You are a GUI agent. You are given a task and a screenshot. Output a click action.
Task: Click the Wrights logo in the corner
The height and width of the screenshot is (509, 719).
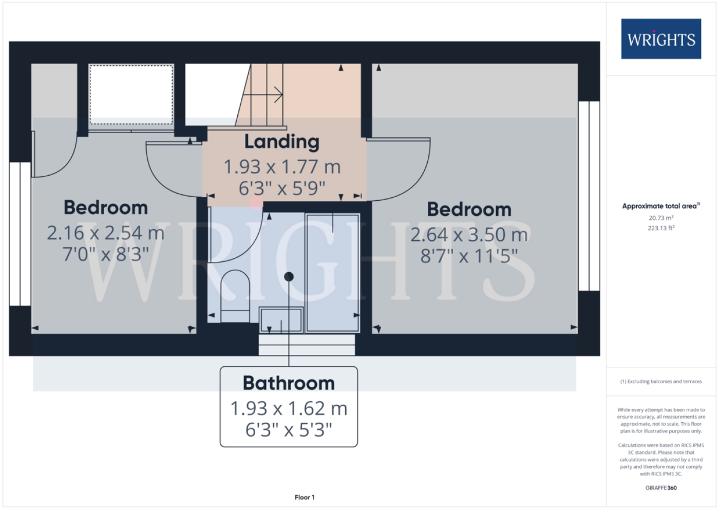pyautogui.click(x=661, y=39)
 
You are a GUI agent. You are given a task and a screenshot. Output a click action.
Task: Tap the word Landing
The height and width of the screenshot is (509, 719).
pyautogui.click(x=282, y=142)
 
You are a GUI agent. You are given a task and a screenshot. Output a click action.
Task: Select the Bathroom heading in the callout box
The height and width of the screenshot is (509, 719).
pyautogui.click(x=289, y=383)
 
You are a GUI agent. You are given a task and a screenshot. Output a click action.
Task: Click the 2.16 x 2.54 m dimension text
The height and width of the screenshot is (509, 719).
pyautogui.click(x=106, y=233)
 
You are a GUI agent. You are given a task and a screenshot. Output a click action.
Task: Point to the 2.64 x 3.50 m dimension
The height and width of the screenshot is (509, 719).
pyautogui.click(x=469, y=235)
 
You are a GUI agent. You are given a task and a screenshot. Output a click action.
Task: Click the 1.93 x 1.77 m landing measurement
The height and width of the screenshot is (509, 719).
pyautogui.click(x=282, y=167)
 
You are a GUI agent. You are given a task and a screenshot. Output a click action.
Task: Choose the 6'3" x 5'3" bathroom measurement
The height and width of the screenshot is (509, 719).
pyautogui.click(x=289, y=430)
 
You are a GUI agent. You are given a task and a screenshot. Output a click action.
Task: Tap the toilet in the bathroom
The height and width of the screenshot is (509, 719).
pyautogui.click(x=235, y=296)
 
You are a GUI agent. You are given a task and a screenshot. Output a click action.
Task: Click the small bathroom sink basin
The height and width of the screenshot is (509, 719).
pyautogui.click(x=281, y=320)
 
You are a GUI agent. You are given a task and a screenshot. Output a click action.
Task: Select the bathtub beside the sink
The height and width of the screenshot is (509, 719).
pyautogui.click(x=333, y=273)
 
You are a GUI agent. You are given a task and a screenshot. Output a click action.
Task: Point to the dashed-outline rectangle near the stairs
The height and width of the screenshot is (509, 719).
pyautogui.click(x=131, y=95)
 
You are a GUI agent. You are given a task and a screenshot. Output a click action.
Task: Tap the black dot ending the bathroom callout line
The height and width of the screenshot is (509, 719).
pyautogui.click(x=289, y=277)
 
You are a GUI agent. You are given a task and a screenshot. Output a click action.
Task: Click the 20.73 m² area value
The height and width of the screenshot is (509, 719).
pyautogui.click(x=661, y=218)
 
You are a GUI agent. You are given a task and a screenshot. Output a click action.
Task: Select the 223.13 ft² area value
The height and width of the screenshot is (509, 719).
pyautogui.click(x=661, y=228)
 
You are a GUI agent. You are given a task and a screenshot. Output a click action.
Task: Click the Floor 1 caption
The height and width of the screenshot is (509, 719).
pyautogui.click(x=305, y=497)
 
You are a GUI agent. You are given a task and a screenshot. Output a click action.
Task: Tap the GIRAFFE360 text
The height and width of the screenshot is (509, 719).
pyautogui.click(x=661, y=488)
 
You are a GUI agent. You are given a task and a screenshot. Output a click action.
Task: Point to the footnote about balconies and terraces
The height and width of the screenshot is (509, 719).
pyautogui.click(x=661, y=381)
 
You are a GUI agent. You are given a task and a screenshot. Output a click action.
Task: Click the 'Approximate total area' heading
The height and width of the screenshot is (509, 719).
pyautogui.click(x=661, y=206)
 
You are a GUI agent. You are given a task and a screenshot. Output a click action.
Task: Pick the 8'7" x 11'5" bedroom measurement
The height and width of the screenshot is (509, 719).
pyautogui.click(x=469, y=256)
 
